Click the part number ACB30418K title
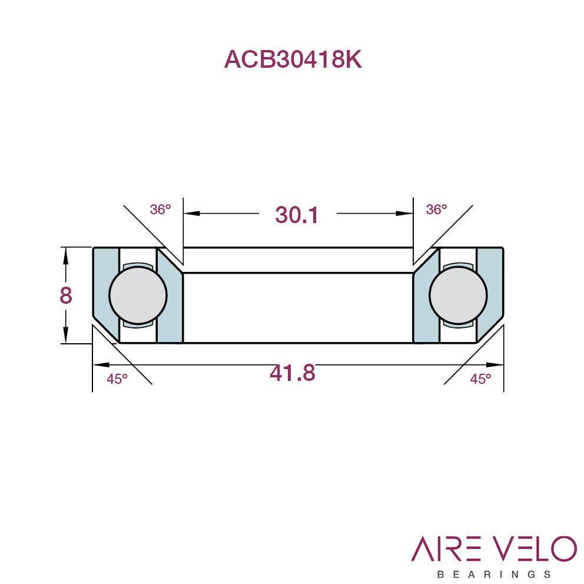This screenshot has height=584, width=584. pos(293,59)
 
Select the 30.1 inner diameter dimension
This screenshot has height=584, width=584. pos(297,215)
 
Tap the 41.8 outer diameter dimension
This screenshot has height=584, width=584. pos(293,373)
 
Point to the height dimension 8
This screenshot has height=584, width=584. pos(66,296)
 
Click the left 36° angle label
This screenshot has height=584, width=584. pos(161,210)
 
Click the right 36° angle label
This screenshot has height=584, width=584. pos(436,210)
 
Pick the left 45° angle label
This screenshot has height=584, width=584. pos(117,379)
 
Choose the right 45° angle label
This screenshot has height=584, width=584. pos(480,379)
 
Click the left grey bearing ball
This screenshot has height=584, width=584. pos(138,295)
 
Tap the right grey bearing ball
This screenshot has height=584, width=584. pos(458,295)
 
